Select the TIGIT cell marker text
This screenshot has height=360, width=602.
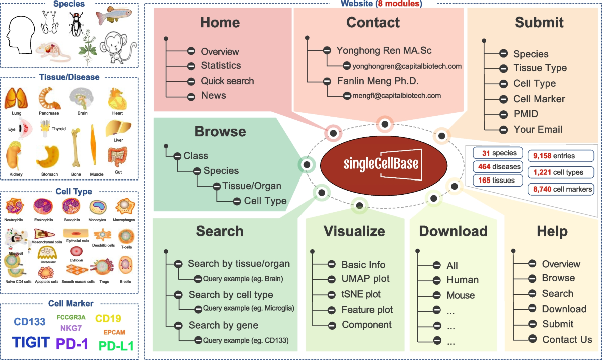click(x=31, y=342)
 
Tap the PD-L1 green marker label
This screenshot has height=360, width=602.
click(x=116, y=346)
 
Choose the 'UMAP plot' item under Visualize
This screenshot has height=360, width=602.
click(x=365, y=279)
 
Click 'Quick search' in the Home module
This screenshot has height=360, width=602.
click(x=227, y=81)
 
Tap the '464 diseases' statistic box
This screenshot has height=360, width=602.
click(x=498, y=166)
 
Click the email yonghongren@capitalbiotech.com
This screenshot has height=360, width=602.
click(x=406, y=66)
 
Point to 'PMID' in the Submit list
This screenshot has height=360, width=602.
click(x=526, y=114)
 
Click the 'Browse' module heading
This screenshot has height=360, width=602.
click(x=221, y=131)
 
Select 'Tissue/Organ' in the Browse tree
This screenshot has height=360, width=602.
click(x=252, y=186)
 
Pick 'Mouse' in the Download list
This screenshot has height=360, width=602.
click(x=461, y=295)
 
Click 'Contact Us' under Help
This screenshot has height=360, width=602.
click(x=567, y=339)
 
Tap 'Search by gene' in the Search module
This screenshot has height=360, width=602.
click(x=223, y=325)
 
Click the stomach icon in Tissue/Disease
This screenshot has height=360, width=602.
click(x=49, y=157)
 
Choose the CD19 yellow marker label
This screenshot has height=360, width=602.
click(x=108, y=318)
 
